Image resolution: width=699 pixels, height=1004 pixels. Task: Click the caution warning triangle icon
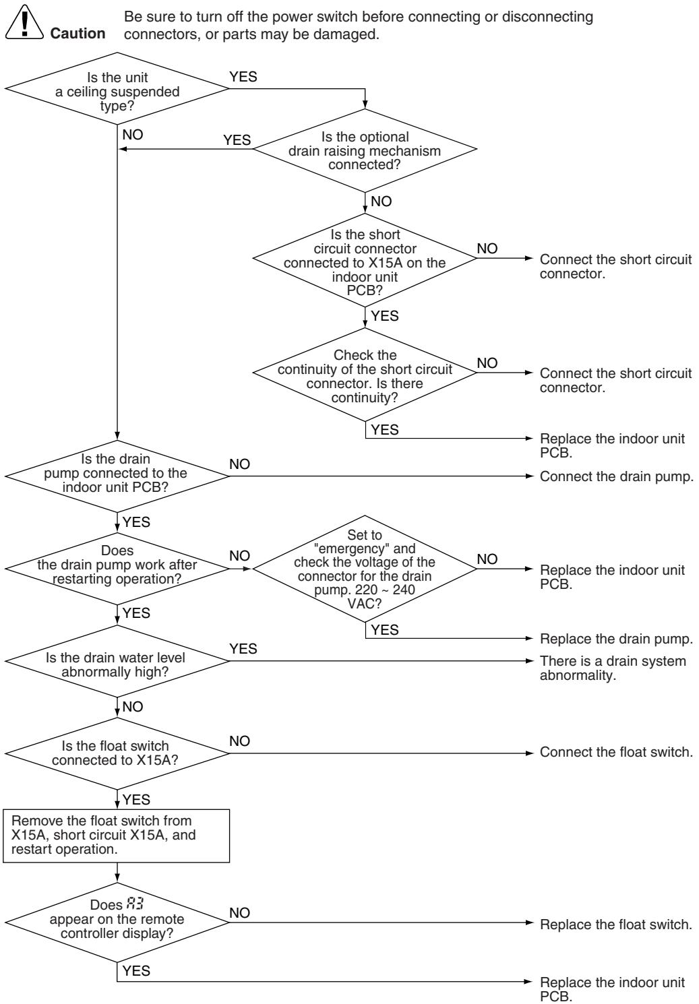(x=24, y=22)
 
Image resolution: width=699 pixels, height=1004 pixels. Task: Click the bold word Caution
(x=78, y=33)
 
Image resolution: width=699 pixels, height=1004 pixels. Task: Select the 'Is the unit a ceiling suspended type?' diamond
(x=117, y=88)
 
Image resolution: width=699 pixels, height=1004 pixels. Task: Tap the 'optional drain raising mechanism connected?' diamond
(x=365, y=150)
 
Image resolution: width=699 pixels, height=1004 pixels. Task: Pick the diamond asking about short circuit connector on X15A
(x=365, y=260)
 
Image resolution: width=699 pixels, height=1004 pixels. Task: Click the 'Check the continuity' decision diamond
(x=365, y=374)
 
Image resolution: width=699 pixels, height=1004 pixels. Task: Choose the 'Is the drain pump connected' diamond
(x=117, y=476)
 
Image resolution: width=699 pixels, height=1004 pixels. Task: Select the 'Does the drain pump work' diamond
(x=117, y=568)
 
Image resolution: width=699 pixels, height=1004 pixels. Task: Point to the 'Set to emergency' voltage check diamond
(x=365, y=569)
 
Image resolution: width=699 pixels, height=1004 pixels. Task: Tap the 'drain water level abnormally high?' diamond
(x=117, y=660)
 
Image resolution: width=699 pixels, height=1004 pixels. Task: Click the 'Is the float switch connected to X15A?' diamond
(x=117, y=753)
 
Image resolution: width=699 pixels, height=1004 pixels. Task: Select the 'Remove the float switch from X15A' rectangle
(x=117, y=836)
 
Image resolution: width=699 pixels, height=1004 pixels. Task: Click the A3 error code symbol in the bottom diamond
(x=135, y=904)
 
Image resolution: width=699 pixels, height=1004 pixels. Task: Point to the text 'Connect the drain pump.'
(x=617, y=476)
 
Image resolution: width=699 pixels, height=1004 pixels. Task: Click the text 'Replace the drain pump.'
(x=617, y=638)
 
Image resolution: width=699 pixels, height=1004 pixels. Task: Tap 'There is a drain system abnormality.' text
(x=613, y=668)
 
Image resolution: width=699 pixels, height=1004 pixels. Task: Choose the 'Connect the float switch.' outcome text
(x=617, y=752)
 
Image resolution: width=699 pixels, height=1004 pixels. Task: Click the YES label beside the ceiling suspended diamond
(x=243, y=77)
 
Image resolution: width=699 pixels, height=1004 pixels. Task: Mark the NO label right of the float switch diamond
(x=239, y=741)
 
